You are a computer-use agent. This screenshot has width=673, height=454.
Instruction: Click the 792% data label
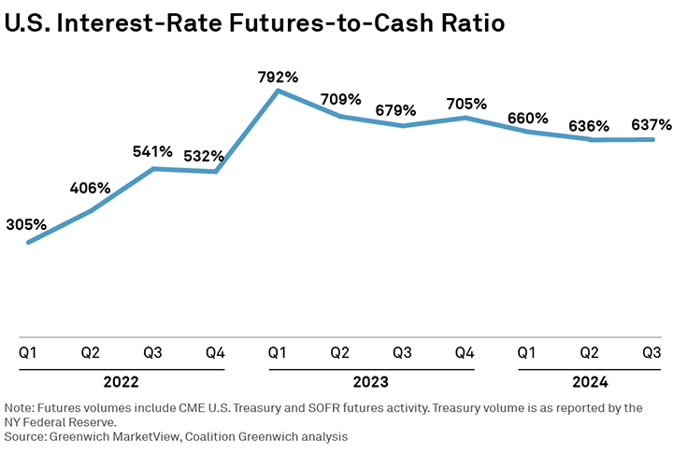278,77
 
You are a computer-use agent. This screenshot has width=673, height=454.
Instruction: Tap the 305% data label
27,224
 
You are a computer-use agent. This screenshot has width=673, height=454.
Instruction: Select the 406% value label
90,188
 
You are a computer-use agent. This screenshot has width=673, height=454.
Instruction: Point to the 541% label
152,150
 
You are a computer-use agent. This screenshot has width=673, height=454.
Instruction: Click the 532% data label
216,155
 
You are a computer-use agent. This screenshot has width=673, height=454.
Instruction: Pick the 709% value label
340,98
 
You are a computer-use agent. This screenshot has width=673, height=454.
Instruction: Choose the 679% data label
403,109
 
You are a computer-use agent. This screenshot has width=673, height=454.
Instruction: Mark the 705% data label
465,103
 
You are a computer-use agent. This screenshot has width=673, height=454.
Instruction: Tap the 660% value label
527,118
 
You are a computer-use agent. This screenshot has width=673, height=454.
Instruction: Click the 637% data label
651,124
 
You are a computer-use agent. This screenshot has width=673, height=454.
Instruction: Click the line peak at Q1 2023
278,91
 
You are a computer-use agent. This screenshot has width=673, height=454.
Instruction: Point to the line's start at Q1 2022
28,243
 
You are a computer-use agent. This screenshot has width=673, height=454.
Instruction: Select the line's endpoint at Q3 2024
652,140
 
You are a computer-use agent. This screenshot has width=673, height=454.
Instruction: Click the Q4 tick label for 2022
215,353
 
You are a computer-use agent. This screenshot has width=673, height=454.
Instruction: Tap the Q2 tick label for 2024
590,353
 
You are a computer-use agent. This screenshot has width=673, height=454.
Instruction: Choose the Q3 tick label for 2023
403,353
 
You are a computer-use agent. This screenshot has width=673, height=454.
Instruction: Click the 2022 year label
122,382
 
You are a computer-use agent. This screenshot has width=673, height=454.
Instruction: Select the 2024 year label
590,382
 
